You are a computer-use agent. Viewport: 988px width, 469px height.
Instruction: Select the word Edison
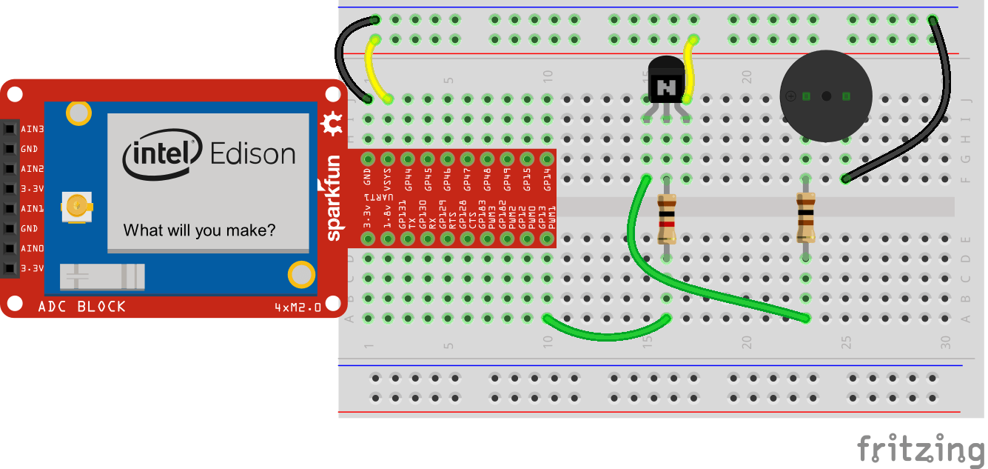pos(253,154)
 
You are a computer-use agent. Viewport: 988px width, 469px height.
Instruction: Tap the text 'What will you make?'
pos(199,230)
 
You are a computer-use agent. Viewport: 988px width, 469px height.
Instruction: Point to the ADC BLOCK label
pos(82,307)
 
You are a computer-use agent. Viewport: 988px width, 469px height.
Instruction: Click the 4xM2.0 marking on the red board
pos(298,307)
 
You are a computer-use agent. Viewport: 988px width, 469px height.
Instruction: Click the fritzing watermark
pos(921,449)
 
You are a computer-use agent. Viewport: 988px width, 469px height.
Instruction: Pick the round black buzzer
pos(826,96)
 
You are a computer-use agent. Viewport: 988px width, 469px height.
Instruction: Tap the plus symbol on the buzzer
pos(790,96)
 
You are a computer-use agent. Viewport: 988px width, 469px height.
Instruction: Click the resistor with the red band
pos(667,219)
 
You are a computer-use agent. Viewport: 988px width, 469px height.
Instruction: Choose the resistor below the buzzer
pos(805,217)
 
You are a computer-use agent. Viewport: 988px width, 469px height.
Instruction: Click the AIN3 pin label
pos(32,129)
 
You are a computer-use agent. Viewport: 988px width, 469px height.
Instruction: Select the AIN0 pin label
pos(32,248)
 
